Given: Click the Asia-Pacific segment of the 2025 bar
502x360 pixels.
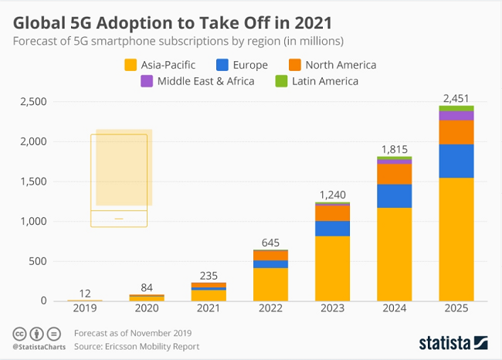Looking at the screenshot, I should pos(457,239).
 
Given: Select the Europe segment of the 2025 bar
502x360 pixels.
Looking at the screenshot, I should pos(457,161).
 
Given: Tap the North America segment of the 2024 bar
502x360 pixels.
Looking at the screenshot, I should pos(394,174).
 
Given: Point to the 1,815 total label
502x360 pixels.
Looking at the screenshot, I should pos(394,149).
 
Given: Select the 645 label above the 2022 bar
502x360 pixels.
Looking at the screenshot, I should pos(270,240).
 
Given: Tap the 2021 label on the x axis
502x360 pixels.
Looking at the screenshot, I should pos(208,309).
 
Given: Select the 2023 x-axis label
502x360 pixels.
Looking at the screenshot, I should pos(332,309).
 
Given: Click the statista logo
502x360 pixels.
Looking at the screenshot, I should pos(453,341).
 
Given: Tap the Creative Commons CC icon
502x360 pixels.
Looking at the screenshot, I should pos(19,334).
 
